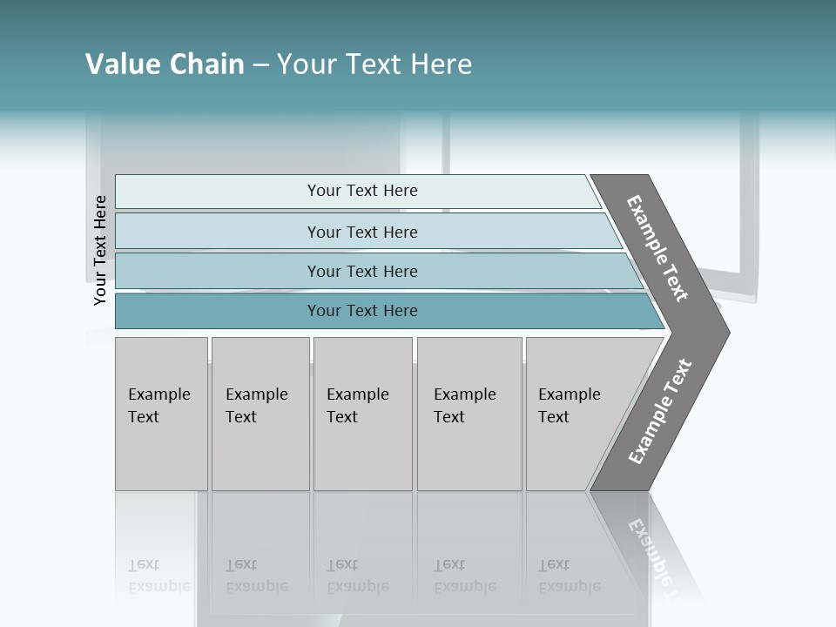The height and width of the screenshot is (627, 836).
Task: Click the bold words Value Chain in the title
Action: (165, 64)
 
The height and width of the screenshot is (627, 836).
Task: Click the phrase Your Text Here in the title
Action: (374, 64)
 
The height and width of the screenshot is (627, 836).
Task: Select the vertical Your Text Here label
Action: (100, 250)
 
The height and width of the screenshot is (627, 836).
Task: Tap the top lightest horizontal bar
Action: (362, 191)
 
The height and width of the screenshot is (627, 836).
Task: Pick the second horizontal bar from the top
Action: (362, 232)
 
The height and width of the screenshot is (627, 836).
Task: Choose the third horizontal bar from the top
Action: (362, 271)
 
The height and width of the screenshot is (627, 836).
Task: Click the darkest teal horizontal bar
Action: (362, 311)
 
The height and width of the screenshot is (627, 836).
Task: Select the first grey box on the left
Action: (161, 414)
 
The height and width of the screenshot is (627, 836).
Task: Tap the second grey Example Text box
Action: (260, 414)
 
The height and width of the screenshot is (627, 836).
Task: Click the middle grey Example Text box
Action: (362, 414)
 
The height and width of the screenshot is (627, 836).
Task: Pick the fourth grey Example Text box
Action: (469, 414)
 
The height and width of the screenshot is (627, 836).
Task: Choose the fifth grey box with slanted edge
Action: (575, 414)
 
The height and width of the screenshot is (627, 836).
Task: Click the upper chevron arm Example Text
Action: (657, 247)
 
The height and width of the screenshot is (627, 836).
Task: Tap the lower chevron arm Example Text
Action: (659, 412)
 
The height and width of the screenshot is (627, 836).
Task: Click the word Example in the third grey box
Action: (357, 394)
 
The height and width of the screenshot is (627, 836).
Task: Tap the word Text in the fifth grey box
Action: (553, 417)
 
